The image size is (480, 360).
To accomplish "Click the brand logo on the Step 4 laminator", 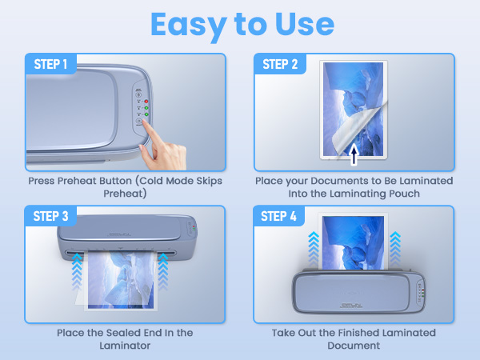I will tap(350, 305).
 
